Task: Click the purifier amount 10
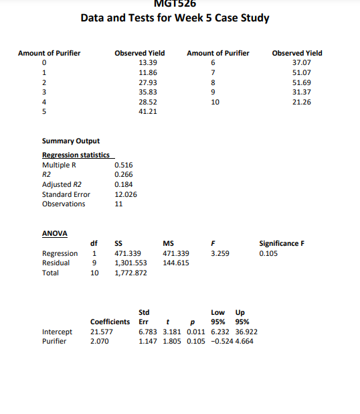[215, 101]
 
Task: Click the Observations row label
[64, 204]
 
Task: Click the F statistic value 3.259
[218, 254]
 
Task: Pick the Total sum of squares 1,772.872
[131, 273]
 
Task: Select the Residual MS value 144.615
[176, 263]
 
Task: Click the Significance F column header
[281, 244]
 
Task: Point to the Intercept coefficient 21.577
[100, 332]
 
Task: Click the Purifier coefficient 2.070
[98, 341]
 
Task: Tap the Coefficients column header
[110, 321]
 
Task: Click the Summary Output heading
[70, 141]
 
